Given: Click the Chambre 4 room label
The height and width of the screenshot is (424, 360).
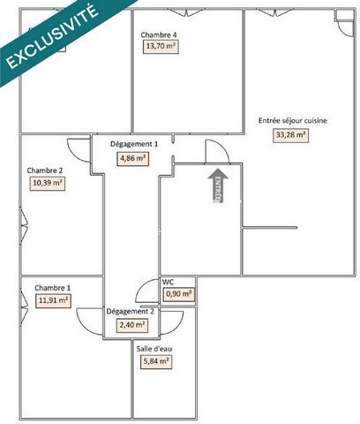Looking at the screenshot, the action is [159, 34].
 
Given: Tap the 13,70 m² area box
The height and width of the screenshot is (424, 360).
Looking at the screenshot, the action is [161, 46].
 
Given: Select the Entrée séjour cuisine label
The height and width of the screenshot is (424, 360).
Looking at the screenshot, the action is [293, 121].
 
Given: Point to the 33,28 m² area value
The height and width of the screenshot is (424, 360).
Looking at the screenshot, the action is [290, 135].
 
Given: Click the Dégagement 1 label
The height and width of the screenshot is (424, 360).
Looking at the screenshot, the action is [134, 144].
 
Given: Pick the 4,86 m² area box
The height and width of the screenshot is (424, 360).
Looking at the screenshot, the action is [132, 158].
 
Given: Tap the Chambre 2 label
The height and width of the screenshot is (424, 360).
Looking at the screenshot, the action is [45, 170].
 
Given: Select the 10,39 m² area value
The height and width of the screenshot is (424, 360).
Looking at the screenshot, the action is [48, 183].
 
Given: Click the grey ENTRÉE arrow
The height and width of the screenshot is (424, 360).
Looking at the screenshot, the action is [218, 185].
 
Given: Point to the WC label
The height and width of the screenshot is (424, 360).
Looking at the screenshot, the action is [168, 282].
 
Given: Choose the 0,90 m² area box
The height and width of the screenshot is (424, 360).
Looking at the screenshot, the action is [179, 294].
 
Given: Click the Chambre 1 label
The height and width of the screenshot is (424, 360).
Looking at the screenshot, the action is [52, 288].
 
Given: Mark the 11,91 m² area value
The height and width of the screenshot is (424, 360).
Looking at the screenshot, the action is [53, 300].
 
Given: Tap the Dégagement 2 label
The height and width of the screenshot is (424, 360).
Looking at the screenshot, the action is [130, 311].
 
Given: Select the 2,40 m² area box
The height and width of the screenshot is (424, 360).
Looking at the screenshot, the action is [132, 325].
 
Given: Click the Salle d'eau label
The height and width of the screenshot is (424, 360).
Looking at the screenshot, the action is [154, 349].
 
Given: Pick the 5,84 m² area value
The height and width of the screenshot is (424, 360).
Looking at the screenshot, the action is [156, 361].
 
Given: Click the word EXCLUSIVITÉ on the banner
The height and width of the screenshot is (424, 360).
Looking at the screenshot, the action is [52, 37].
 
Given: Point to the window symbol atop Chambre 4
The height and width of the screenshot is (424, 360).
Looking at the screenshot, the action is [186, 12].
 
